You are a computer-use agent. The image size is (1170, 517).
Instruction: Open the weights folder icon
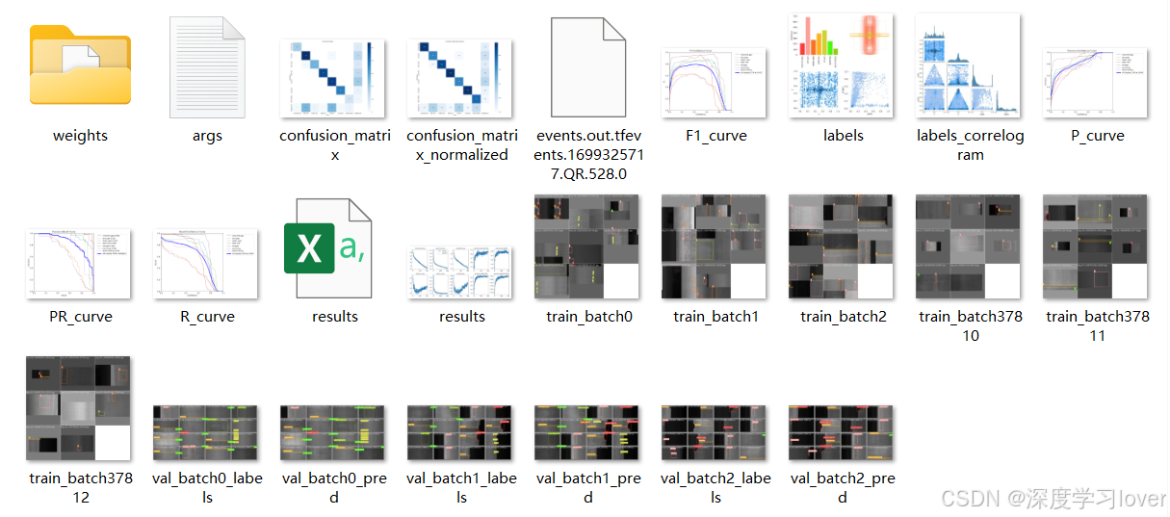point(80,65)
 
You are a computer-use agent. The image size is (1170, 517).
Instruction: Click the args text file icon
point(207,65)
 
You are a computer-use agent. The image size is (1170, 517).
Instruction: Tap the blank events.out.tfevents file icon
point(588,65)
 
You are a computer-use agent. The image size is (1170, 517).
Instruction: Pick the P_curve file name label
point(1097,136)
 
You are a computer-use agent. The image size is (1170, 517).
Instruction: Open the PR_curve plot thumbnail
point(80,263)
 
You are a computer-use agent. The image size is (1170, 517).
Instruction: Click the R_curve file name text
point(207,317)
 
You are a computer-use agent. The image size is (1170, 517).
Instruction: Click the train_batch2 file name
point(843,317)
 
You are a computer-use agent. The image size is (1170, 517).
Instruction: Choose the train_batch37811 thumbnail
point(1097,247)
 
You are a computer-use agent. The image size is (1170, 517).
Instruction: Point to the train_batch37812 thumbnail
point(80,409)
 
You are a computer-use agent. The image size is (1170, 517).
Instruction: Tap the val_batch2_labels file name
point(715,487)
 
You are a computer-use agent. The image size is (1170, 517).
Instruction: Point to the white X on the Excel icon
point(309,248)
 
